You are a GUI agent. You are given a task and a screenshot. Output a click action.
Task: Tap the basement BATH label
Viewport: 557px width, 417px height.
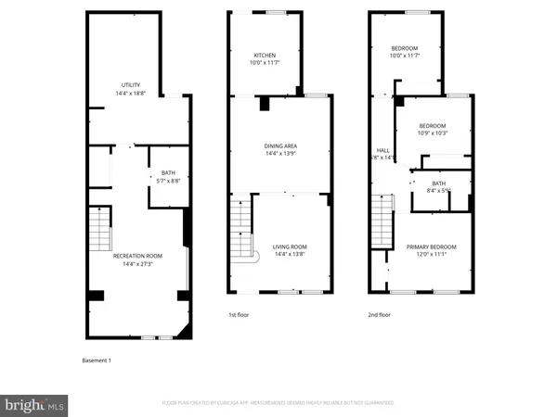click(168, 172)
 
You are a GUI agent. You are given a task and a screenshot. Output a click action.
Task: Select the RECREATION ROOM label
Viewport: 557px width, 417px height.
click(137, 255)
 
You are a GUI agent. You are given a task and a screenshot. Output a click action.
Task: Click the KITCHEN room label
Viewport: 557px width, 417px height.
click(264, 56)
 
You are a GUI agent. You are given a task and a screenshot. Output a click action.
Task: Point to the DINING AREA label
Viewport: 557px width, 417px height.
click(280, 145)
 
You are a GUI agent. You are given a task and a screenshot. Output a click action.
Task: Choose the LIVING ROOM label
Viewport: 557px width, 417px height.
click(290, 246)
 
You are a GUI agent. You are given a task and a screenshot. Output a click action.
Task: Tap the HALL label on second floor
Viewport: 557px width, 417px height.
click(382, 150)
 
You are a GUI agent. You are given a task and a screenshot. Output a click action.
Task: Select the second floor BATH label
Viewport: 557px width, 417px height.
click(438, 183)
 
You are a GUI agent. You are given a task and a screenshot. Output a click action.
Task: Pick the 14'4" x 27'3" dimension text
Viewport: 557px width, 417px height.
click(137, 263)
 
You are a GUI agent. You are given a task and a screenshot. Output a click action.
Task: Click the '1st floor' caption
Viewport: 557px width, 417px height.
click(239, 315)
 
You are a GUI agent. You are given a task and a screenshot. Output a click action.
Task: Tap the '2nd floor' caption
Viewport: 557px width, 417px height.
click(379, 315)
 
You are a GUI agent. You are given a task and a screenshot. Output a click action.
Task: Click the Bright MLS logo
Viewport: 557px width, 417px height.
click(35, 404)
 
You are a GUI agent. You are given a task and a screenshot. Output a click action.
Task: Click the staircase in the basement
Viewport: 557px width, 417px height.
click(98, 227)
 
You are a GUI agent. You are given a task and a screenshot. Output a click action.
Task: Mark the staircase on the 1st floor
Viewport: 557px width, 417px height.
click(240, 227)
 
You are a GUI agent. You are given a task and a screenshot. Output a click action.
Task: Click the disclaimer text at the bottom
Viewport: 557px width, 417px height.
click(278, 403)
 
